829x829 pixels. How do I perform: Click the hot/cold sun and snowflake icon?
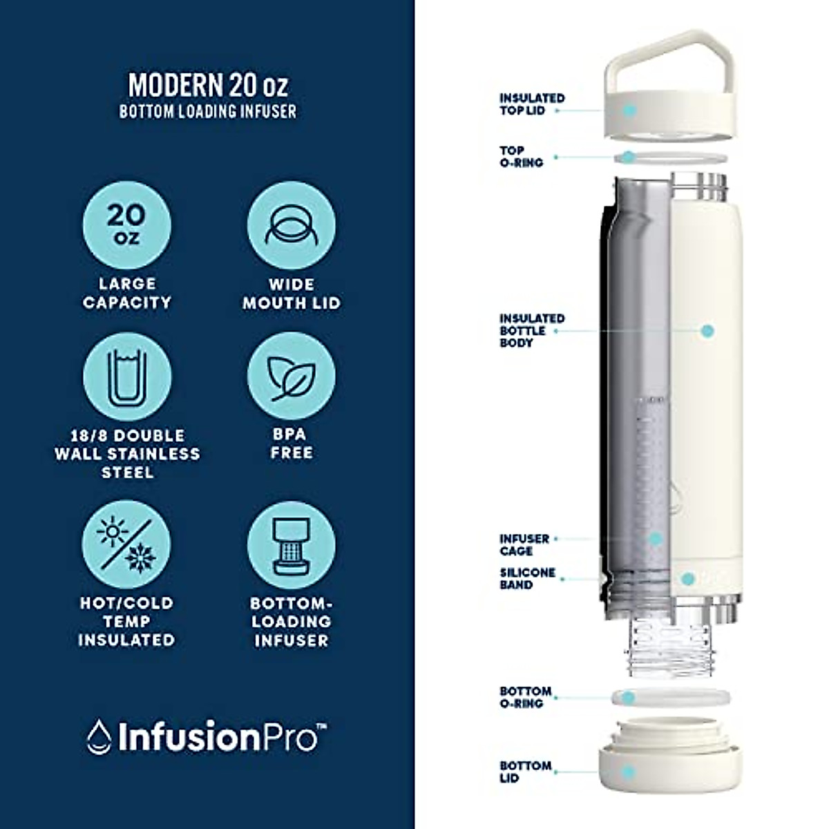coord(127,544)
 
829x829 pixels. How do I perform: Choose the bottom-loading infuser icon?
coord(291,544)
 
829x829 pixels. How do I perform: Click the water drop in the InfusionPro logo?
coord(99,736)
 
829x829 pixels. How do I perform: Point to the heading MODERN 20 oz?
coord(208,84)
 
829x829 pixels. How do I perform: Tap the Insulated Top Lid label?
coord(532,104)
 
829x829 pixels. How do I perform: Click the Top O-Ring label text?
coord(522,157)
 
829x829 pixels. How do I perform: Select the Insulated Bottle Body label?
coord(532,330)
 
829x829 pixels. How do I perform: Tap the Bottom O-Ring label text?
coord(526,697)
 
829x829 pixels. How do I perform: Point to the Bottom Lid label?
coord(526,772)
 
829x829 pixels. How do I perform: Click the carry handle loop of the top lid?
coord(656,52)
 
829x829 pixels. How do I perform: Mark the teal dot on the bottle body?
coord(707,331)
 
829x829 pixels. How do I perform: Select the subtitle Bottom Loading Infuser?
coord(208,111)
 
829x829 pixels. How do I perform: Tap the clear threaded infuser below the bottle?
coord(667,646)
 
